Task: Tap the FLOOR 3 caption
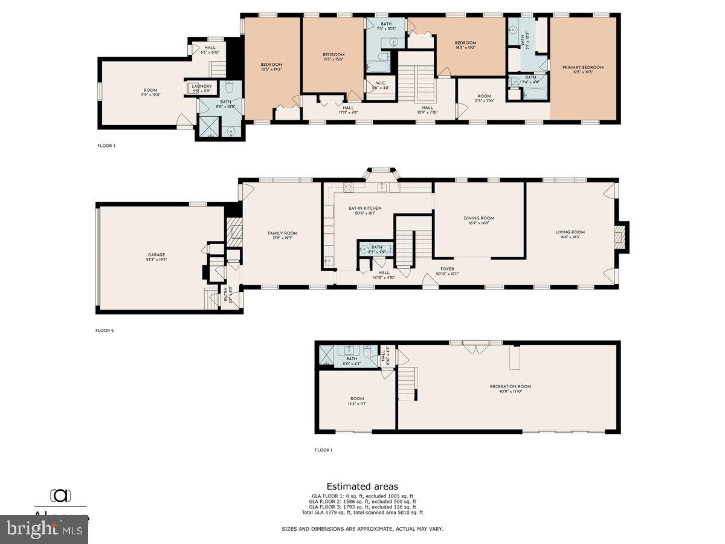click(x=106, y=146)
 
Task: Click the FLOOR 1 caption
click(x=323, y=450)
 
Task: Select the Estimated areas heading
click(x=362, y=486)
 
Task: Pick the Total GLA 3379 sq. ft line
click(x=362, y=512)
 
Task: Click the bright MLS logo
click(x=43, y=529)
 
